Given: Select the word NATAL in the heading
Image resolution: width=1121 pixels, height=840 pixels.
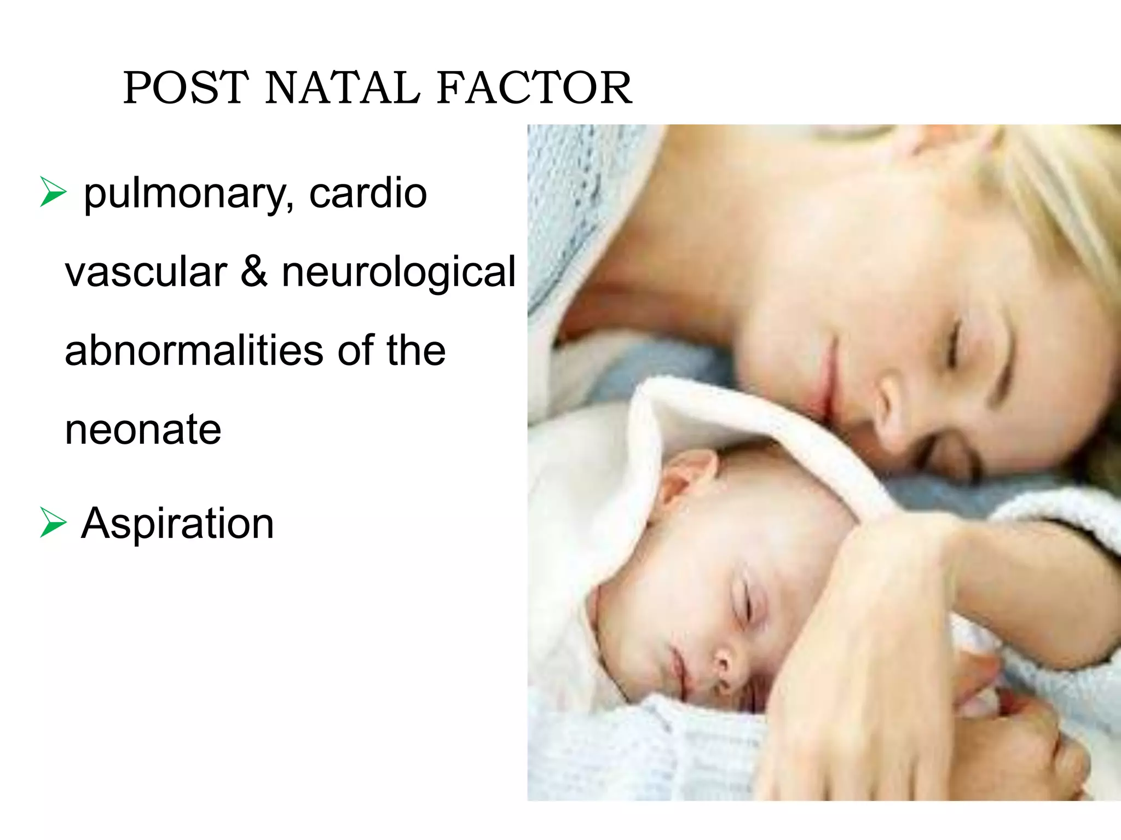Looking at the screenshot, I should point(343,88).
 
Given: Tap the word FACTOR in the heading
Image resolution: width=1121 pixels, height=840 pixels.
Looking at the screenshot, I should point(534,88).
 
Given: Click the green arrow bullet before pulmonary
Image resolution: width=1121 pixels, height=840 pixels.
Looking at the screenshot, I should point(53,193).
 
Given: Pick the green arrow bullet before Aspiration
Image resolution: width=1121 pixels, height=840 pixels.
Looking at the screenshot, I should point(53,523).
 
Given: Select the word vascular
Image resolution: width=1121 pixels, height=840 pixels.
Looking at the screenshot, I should point(146,272).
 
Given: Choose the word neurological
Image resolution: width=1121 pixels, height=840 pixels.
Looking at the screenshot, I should point(398,273).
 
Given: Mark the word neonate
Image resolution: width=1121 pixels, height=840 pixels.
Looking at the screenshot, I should point(143,430).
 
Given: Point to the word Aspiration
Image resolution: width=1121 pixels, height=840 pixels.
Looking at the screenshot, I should point(177,524).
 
